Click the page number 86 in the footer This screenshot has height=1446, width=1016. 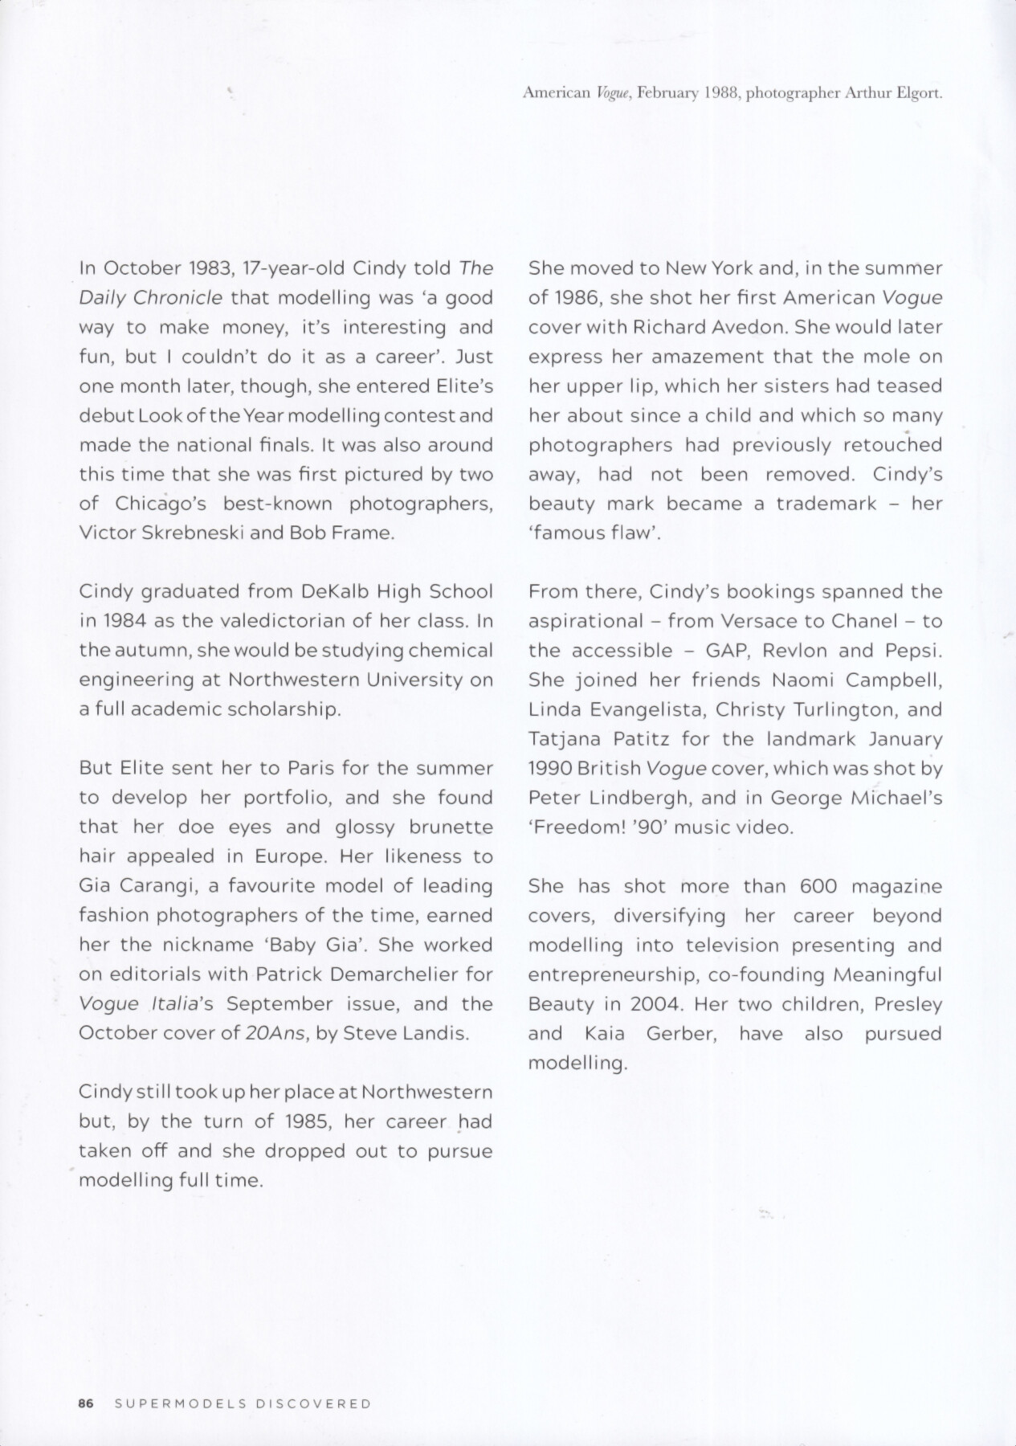[x=87, y=1404]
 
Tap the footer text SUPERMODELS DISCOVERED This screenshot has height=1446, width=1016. [x=243, y=1404]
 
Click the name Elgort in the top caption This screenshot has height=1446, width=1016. [x=915, y=94]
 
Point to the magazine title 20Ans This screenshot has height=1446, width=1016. [x=276, y=1033]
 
